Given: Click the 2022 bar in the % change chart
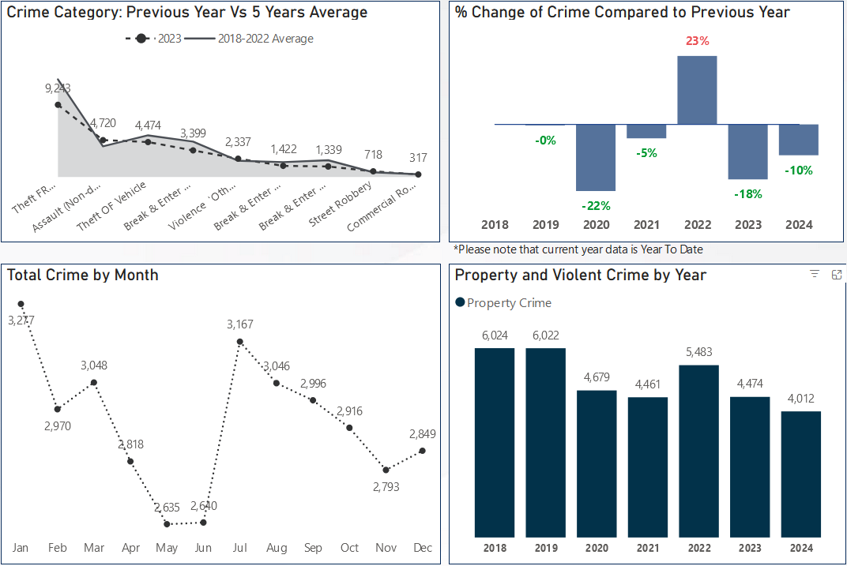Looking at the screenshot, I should point(697,90).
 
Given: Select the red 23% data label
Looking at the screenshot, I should point(697,41).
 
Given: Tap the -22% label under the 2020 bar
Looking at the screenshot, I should point(595,205).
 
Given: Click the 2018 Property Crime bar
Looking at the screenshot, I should point(495,442).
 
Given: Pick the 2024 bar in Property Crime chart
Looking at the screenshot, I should point(800,474).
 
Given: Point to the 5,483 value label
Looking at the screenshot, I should point(698,352).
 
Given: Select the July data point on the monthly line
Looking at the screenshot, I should point(240,342).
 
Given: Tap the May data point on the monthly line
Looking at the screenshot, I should point(167,523).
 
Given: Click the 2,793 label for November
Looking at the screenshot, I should point(386,487).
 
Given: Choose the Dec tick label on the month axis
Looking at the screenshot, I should point(423,548).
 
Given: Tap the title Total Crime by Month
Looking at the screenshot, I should point(83,276).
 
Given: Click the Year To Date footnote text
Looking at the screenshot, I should point(578,249).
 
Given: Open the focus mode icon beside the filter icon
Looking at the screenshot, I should point(837,274).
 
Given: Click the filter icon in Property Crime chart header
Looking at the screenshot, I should point(815,274).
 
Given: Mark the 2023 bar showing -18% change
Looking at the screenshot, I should point(747,152).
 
